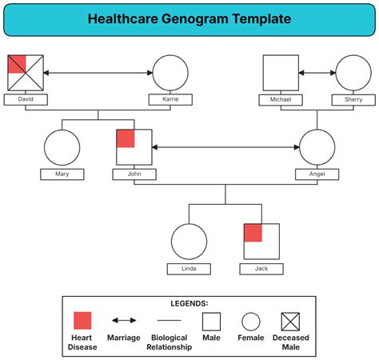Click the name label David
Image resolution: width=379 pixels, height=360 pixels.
(x=26, y=99)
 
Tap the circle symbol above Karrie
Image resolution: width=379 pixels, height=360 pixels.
(x=170, y=73)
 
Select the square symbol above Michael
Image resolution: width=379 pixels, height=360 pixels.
(x=281, y=73)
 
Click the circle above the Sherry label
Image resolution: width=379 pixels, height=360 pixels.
(x=353, y=73)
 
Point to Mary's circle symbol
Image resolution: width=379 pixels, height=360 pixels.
(x=62, y=148)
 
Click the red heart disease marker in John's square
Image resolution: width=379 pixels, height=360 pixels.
(x=126, y=138)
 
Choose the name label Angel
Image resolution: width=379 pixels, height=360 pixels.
(x=317, y=174)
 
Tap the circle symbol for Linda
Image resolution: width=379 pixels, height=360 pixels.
(x=189, y=242)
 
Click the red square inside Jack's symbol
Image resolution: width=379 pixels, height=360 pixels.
(x=253, y=233)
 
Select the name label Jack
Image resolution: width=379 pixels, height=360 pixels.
(x=261, y=269)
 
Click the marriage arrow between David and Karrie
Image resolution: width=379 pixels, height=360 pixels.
(x=98, y=73)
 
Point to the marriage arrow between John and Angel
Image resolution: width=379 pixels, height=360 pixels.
(x=225, y=148)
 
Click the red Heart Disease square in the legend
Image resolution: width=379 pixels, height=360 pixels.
(x=82, y=321)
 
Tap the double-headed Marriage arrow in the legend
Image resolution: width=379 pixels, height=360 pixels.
(x=123, y=322)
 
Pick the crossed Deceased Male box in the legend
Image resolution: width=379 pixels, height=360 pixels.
(x=289, y=322)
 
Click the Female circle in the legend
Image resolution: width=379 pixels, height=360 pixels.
(x=251, y=322)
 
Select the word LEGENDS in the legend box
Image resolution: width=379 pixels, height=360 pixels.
(x=189, y=303)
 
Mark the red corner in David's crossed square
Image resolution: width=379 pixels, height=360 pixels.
(x=17, y=63)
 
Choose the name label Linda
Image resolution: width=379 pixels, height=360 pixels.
(x=189, y=269)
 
